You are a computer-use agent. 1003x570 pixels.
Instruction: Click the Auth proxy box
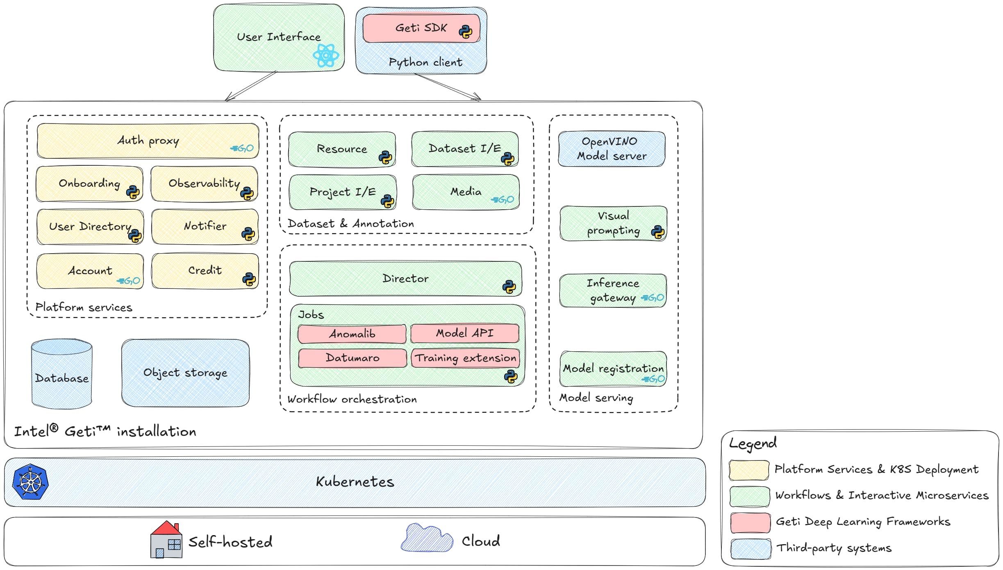(148, 141)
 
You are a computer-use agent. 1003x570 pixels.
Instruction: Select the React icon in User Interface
(326, 55)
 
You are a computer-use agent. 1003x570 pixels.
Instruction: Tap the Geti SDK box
(421, 28)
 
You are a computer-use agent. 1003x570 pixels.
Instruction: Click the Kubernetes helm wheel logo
(30, 482)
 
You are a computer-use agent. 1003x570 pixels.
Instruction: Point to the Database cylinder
(62, 374)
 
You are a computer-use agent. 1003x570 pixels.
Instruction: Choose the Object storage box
(185, 373)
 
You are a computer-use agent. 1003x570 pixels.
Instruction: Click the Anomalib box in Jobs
(352, 334)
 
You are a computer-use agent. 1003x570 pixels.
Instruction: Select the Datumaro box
(353, 358)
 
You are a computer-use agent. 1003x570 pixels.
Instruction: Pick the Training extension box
(465, 358)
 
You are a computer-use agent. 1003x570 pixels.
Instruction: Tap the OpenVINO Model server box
(612, 149)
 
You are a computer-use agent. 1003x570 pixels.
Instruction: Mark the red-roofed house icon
(166, 540)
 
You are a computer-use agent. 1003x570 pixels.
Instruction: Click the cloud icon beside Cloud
(427, 538)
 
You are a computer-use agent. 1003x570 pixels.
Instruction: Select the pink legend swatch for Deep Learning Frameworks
(750, 522)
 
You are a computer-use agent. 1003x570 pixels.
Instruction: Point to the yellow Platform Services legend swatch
(749, 470)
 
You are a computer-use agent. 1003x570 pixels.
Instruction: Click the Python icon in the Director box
(509, 286)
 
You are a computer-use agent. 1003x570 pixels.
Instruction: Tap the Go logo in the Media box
(503, 199)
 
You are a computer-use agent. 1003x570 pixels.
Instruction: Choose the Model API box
(465, 333)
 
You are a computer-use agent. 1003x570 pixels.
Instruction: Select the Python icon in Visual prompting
(657, 232)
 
